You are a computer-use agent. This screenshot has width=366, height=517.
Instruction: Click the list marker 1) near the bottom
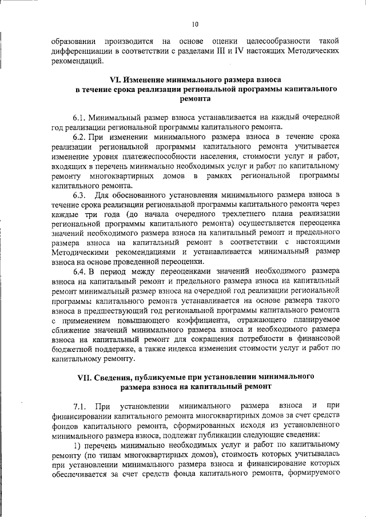click(77, 444)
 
